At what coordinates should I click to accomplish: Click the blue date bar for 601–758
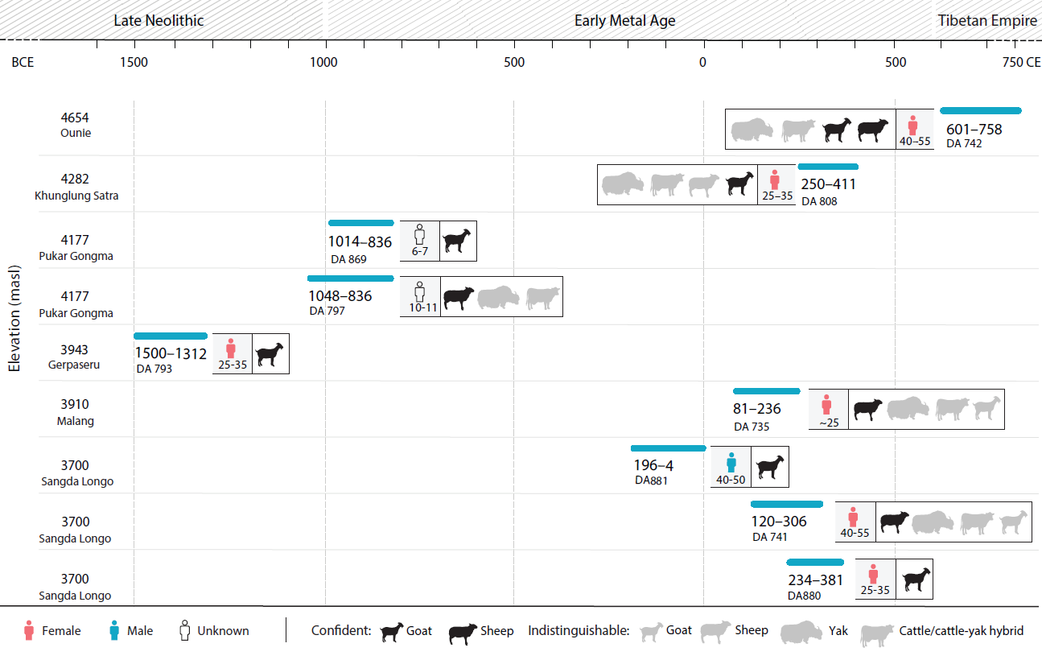tap(980, 110)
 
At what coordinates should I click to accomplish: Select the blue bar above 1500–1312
tap(171, 336)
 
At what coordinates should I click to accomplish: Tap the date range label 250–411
tap(828, 184)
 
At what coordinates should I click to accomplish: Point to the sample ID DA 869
tap(348, 259)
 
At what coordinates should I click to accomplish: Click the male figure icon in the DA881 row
tap(731, 462)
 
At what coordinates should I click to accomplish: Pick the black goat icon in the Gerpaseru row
tap(270, 353)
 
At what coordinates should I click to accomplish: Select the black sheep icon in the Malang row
tap(867, 409)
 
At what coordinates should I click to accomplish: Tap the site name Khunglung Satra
tap(76, 196)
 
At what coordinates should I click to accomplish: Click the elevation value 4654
tap(76, 118)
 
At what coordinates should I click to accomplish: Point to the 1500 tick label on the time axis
tap(134, 63)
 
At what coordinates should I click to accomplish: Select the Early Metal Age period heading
tap(624, 21)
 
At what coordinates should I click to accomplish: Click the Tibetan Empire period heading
tap(987, 21)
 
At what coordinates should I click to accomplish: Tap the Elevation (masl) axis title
tap(14, 318)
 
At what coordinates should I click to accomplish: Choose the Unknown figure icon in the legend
tap(184, 630)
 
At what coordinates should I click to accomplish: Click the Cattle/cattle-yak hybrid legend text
tap(962, 630)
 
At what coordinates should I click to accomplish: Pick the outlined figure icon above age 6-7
tap(419, 235)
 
